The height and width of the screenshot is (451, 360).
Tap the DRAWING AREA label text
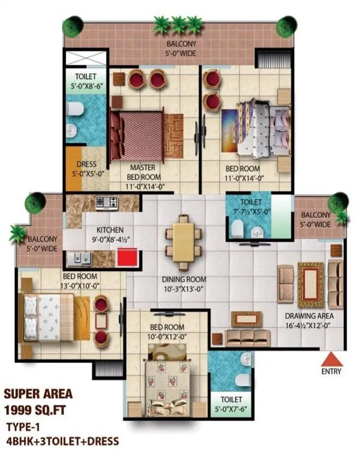coord(309,320)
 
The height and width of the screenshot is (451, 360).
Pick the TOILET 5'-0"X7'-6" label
coord(231,404)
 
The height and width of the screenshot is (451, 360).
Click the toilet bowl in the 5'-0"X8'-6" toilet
coord(75,110)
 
